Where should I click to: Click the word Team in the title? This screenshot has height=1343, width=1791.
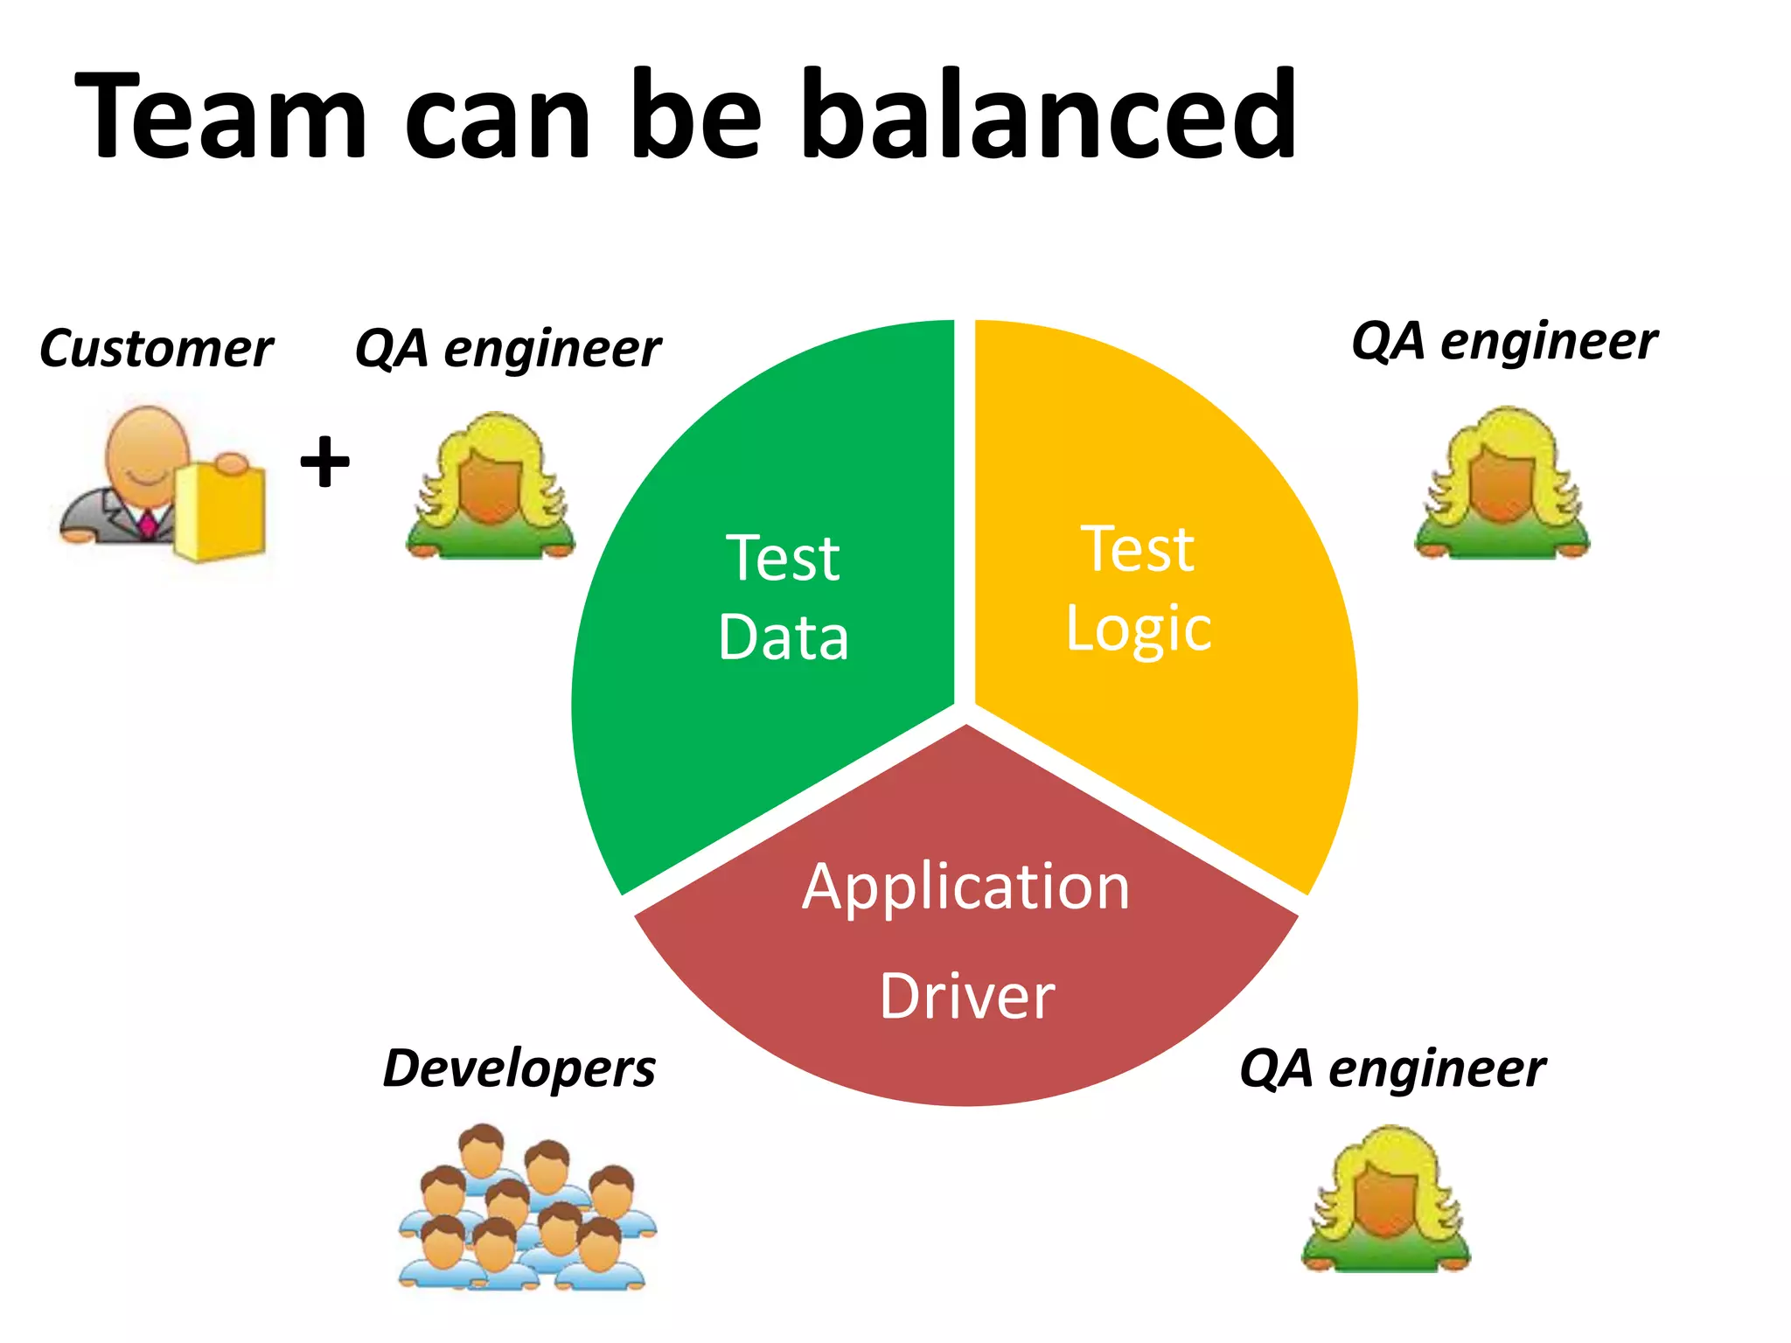pos(220,115)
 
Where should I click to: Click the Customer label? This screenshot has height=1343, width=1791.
pos(156,349)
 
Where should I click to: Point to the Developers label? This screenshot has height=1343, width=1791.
pos(519,1068)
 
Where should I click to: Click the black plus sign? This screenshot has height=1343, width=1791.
pos(324,461)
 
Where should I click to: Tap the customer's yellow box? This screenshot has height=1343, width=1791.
pos(220,511)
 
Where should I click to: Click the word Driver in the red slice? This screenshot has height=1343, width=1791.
pos(967,997)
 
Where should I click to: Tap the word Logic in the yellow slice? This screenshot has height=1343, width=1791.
pos(1139,628)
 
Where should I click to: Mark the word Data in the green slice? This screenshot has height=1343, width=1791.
pos(784,637)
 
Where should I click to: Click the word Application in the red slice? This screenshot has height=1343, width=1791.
pos(965,887)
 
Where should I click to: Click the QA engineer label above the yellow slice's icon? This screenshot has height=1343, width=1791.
pos(1504,341)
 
